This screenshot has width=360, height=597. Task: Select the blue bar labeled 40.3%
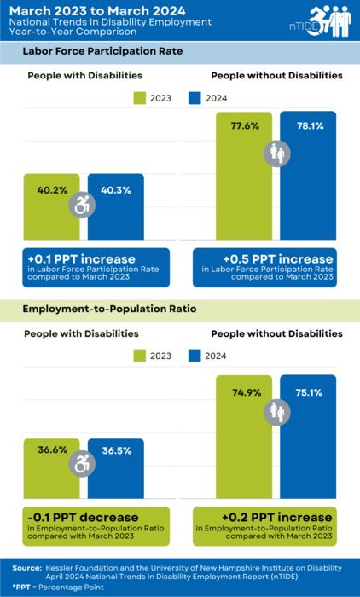click(x=116, y=213)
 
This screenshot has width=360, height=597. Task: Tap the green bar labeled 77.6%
click(x=244, y=188)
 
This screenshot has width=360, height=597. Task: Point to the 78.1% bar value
click(x=309, y=126)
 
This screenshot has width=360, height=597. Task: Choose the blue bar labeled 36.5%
click(x=116, y=478)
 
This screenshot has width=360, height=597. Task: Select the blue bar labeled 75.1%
click(x=309, y=443)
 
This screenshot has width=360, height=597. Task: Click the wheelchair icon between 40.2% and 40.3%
click(x=83, y=206)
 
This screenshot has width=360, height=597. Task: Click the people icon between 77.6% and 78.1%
click(x=277, y=154)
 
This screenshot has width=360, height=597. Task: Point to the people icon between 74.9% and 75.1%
click(x=277, y=411)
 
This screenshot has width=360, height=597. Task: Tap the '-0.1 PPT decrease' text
click(x=75, y=518)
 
